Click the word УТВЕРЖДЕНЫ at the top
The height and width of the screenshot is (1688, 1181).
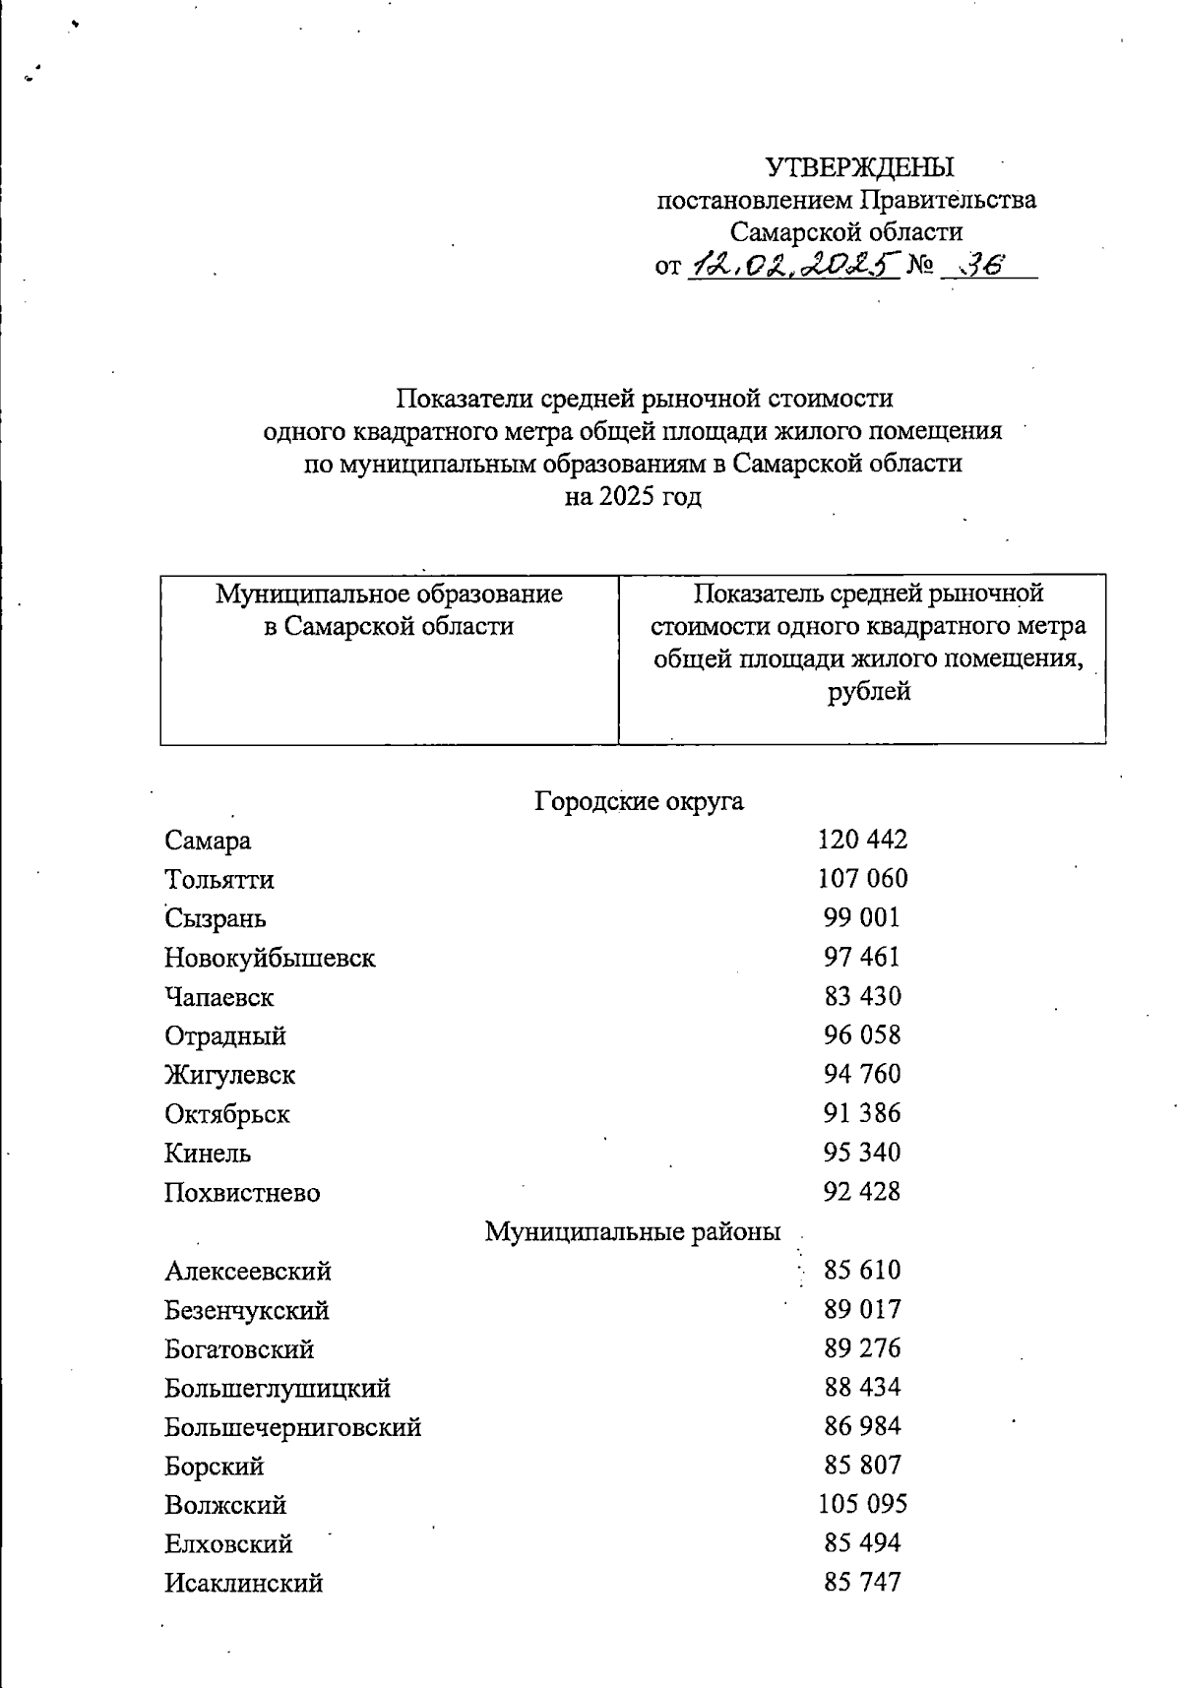tap(859, 166)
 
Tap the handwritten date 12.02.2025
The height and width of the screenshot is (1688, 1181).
tap(793, 264)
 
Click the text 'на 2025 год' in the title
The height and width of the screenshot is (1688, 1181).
tap(633, 496)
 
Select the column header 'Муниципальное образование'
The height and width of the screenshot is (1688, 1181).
tap(389, 594)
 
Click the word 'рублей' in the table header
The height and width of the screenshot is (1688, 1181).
tap(868, 691)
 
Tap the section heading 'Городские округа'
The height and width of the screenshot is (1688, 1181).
tap(639, 801)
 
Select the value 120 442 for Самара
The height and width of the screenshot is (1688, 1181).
tap(862, 840)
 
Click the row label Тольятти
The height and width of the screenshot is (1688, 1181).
tap(218, 879)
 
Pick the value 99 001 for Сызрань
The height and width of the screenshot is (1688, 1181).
tap(862, 917)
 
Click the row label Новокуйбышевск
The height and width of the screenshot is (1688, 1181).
tap(270, 958)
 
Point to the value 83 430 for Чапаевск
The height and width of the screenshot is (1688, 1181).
tap(862, 996)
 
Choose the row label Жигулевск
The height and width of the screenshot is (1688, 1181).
tap(229, 1075)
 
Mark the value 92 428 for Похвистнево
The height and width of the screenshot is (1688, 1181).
tap(862, 1192)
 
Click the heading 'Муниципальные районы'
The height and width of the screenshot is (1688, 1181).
tap(632, 1231)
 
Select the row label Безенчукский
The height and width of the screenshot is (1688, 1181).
tap(246, 1310)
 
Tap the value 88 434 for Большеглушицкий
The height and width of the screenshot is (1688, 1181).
tap(862, 1387)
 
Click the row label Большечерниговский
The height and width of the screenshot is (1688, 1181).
tap(292, 1427)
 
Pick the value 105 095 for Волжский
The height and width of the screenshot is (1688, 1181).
tap(862, 1504)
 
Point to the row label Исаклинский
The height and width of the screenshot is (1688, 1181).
tap(243, 1584)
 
